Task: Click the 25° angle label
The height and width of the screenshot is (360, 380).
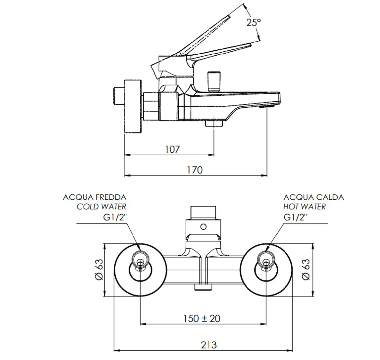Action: [253, 22]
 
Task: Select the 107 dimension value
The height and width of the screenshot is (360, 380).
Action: [172, 149]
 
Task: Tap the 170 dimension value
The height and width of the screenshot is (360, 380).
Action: [195, 170]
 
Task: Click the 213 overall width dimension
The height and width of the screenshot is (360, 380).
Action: [209, 345]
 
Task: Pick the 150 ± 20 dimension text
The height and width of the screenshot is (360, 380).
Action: [202, 319]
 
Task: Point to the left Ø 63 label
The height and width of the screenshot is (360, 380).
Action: [99, 270]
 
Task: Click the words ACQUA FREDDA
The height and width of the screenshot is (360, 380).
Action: [95, 198]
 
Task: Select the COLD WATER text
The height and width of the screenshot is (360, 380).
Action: [101, 207]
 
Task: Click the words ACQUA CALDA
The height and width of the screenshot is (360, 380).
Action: [314, 198]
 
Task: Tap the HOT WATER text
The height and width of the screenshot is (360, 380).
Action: [304, 207]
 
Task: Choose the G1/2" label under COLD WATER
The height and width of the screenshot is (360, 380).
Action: [115, 217]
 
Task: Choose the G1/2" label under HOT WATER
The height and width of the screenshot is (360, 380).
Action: [295, 217]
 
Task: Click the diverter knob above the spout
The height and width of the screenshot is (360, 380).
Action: [213, 81]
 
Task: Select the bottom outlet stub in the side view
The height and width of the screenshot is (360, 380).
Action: [214, 124]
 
